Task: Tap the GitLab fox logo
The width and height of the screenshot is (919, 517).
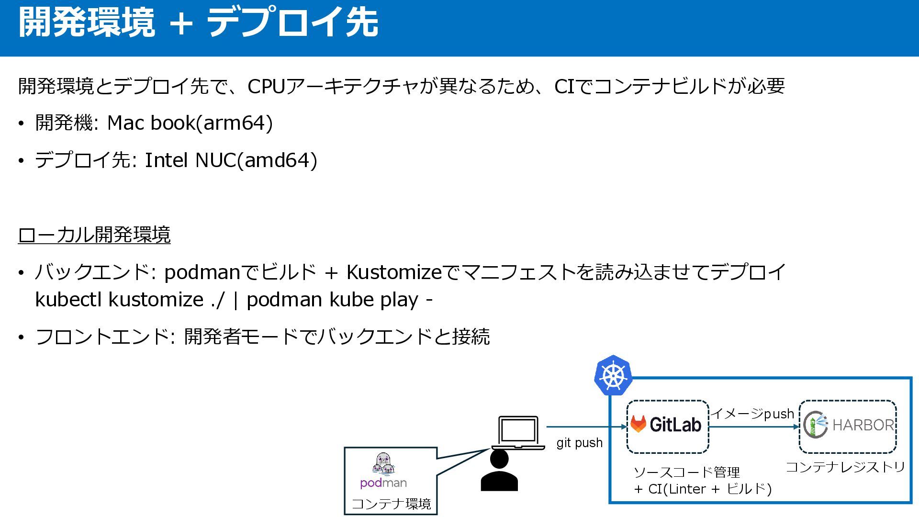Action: point(638,424)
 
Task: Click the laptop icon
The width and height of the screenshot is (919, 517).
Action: point(518,433)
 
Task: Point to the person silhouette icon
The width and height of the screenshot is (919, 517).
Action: point(499,471)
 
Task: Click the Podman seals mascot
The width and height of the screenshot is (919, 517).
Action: point(384,464)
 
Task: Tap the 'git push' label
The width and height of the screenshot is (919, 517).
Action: point(579,443)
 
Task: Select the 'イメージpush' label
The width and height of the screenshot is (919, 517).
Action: point(752,414)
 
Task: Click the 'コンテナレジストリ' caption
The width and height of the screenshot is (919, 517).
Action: point(845,467)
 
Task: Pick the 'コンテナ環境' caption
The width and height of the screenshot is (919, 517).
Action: point(391,504)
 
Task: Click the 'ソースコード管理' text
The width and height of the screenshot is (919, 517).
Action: point(686,472)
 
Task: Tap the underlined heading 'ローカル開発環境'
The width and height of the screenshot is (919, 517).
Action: point(94,235)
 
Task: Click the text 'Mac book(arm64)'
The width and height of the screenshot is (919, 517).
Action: point(190,123)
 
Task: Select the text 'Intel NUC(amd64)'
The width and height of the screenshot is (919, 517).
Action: point(231,160)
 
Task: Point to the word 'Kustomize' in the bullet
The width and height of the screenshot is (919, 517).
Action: point(393,272)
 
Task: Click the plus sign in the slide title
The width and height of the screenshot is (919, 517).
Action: point(181,23)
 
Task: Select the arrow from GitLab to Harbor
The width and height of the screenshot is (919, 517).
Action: point(753,427)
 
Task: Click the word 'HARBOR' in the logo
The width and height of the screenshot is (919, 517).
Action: point(863,425)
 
